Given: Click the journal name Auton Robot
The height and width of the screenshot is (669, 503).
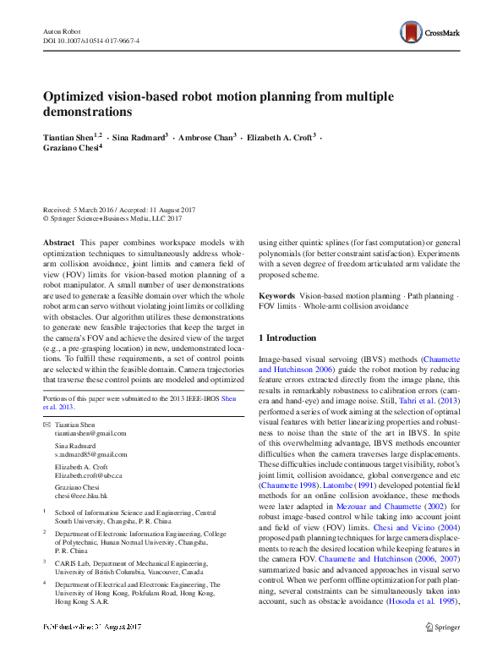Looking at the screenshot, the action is (x=59, y=30).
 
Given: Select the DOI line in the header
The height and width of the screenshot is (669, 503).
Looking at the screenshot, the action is (x=90, y=41).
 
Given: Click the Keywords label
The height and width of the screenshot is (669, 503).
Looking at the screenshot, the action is (x=276, y=296).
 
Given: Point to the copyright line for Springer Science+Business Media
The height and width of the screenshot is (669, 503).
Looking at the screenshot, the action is (x=112, y=218).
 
